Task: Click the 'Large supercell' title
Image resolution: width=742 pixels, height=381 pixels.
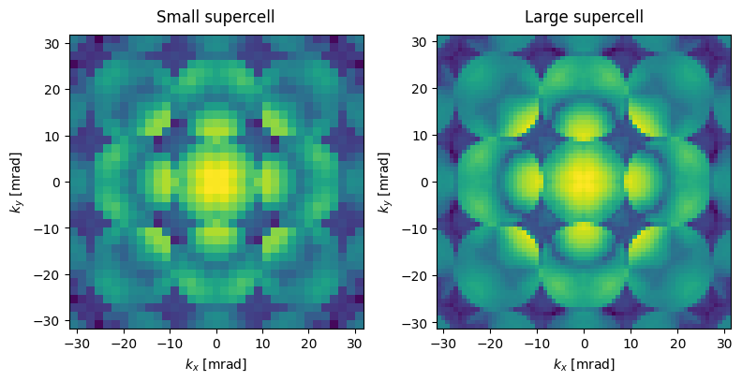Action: (584, 17)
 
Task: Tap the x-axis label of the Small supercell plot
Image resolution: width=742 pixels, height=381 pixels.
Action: (216, 364)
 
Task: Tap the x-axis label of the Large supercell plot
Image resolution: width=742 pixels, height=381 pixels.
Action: (584, 364)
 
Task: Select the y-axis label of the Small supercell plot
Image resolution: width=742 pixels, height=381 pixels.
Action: (16, 183)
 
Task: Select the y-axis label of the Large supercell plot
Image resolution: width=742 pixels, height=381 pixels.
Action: (384, 183)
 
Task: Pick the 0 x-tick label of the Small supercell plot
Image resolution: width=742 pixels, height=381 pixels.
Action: (216, 343)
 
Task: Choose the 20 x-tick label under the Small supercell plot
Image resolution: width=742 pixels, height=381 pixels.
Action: (309, 343)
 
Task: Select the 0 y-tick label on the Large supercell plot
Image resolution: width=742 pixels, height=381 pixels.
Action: (423, 183)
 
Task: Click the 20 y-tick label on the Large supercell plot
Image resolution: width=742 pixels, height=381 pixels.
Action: (422, 90)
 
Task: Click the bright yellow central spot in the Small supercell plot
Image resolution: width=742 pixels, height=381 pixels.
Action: (216, 180)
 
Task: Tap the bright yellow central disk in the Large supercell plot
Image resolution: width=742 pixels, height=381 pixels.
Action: (584, 180)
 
